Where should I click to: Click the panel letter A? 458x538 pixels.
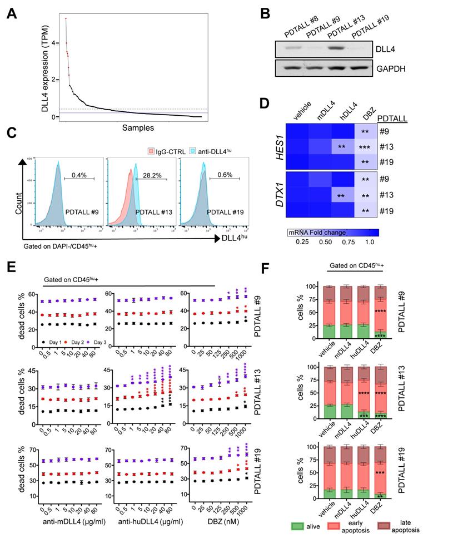click(11, 12)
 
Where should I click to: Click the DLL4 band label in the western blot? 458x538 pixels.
click(391, 50)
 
